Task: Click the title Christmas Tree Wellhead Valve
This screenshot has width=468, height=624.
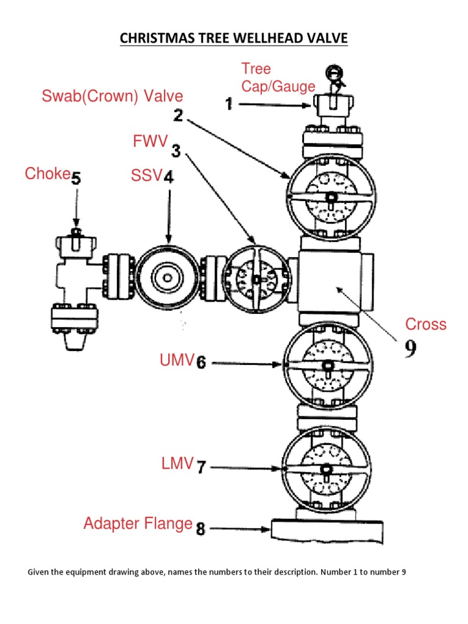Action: (233, 38)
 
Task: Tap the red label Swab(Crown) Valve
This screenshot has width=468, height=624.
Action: (112, 96)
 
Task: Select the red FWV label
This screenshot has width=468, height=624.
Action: (150, 142)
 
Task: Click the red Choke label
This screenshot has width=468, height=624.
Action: (48, 174)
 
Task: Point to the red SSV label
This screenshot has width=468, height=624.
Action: (146, 176)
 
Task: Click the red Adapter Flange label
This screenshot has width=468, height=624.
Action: (138, 523)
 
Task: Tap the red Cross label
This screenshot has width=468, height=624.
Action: (426, 324)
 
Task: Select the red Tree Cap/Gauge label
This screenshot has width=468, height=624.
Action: (278, 77)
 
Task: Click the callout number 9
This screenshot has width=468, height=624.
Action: (411, 349)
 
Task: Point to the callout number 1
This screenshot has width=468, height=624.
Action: (229, 105)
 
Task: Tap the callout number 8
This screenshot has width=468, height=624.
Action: (200, 529)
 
